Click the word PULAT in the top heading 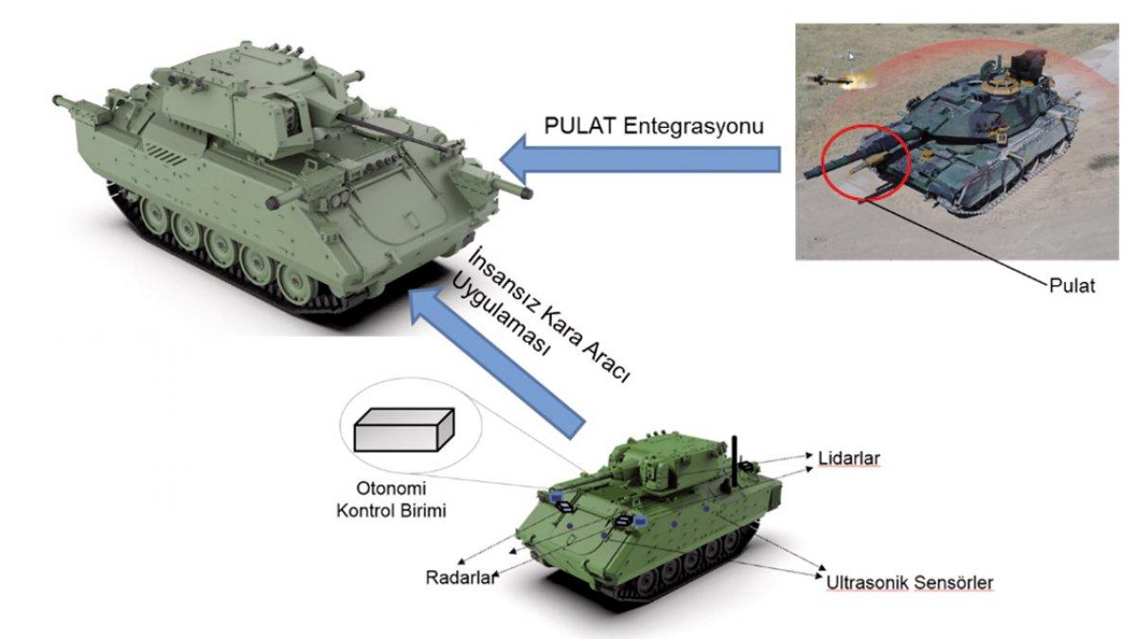point(579,125)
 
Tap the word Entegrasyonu point(693,126)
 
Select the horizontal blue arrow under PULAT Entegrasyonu point(641,159)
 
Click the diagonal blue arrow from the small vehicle point(497,363)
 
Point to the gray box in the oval point(404,430)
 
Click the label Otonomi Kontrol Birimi point(391,500)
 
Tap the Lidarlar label point(849,458)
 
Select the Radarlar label point(460,577)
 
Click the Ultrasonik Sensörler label point(910,583)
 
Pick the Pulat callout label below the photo point(1072,286)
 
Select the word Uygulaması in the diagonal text point(500,318)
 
